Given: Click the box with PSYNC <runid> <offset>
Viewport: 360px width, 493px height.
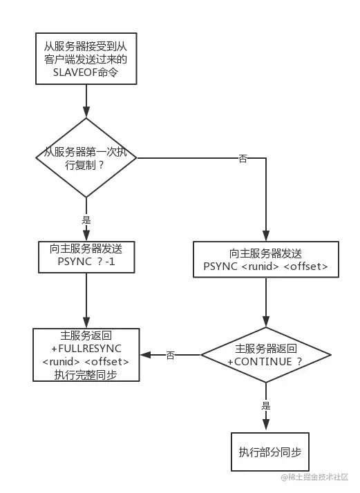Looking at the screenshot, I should pos(265,260).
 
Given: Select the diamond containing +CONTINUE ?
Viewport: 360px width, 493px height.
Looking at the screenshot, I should pos(265,356).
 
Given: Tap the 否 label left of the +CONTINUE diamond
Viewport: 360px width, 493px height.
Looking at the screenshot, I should pos(171,355).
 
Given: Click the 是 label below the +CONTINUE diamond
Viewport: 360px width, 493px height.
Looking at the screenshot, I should pos(265,406).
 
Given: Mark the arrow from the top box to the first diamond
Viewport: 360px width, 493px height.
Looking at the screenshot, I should pos(86,104).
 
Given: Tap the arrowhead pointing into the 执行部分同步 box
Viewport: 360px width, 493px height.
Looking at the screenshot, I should pos(265,427).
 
